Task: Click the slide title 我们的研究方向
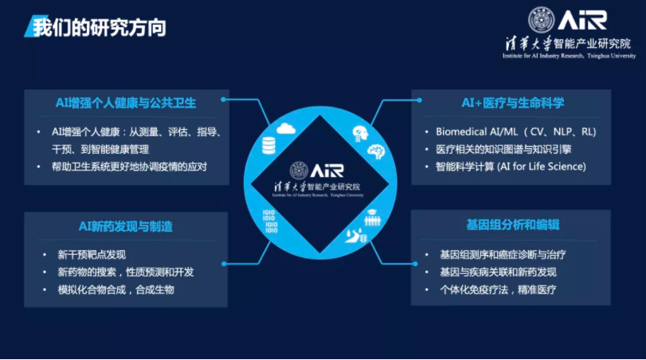pyautogui.click(x=100, y=28)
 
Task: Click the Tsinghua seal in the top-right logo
pyautogui.click(x=542, y=19)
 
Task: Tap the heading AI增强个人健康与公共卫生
pyautogui.click(x=126, y=103)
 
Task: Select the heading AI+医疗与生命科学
pyautogui.click(x=512, y=103)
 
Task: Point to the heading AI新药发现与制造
pyautogui.click(x=126, y=226)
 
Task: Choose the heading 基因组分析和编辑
pyautogui.click(x=512, y=225)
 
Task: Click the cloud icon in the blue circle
pyautogui.click(x=285, y=128)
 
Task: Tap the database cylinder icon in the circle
pyautogui.click(x=268, y=146)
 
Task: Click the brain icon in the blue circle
pyautogui.click(x=376, y=152)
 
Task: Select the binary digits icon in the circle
pyautogui.click(x=270, y=221)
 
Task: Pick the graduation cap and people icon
pyautogui.click(x=372, y=217)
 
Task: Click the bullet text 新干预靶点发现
pyautogui.click(x=92, y=255)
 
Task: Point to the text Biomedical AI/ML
pyautogui.click(x=476, y=131)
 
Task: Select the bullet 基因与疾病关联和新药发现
pyautogui.click(x=498, y=272)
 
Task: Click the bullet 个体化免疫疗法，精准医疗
pyautogui.click(x=498, y=290)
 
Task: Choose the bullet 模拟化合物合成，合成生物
pyautogui.click(x=115, y=290)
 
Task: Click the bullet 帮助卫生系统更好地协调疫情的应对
pyautogui.click(x=129, y=166)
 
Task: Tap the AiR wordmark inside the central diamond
pyautogui.click(x=327, y=170)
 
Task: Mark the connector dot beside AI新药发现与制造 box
pyautogui.click(x=224, y=264)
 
